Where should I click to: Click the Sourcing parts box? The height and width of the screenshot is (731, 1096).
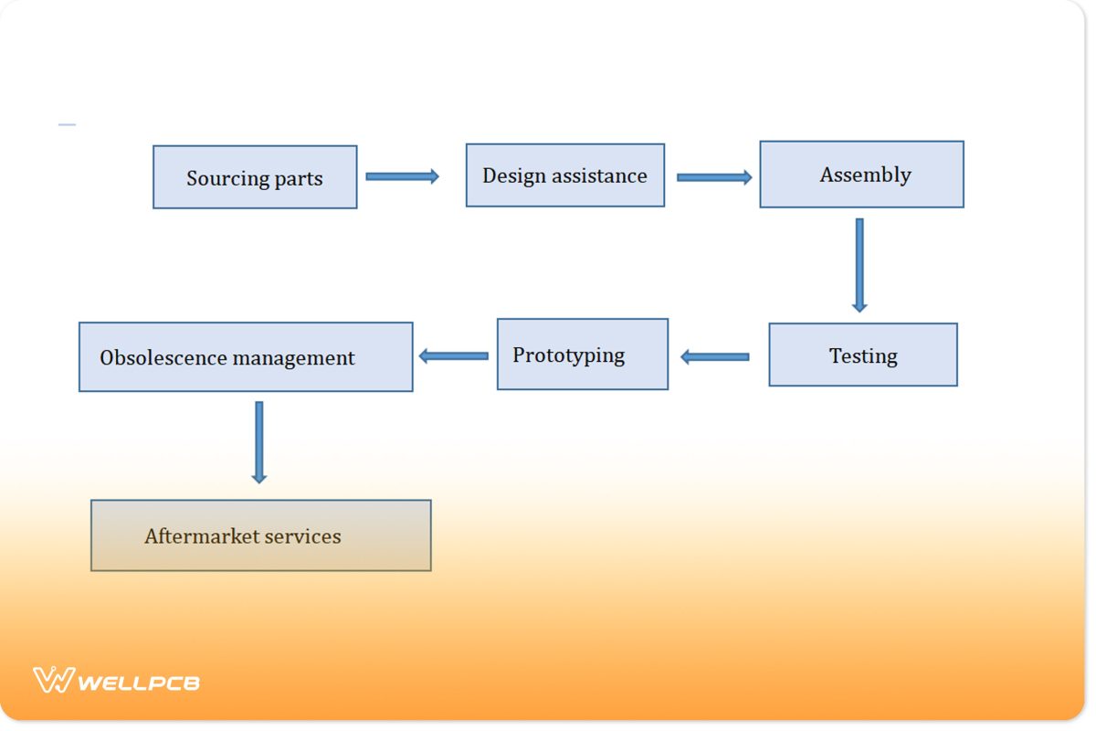tap(255, 177)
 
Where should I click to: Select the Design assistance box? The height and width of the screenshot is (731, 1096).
tap(565, 175)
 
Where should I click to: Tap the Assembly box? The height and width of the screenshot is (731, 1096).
tap(861, 175)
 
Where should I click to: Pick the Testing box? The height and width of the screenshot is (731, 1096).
tap(863, 355)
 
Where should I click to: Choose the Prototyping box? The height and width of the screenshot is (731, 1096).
tap(583, 355)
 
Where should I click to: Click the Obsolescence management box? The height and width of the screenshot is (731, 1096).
tap(246, 357)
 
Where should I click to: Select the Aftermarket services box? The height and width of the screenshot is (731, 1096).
tap(260, 535)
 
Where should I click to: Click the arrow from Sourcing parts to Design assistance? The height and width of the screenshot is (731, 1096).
tap(402, 176)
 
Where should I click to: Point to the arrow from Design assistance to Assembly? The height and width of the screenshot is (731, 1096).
tap(714, 177)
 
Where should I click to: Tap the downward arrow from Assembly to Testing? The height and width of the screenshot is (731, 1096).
tap(859, 265)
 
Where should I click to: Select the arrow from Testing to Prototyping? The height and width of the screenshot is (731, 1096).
tap(715, 356)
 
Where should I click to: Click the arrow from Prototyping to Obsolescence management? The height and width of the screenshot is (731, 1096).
tap(454, 355)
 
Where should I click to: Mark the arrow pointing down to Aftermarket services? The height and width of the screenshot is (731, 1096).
tap(259, 442)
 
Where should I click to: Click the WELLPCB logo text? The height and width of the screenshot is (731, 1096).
tap(139, 682)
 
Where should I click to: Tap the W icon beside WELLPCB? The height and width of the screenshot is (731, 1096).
tap(53, 681)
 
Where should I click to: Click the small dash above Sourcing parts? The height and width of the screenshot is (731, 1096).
tap(67, 124)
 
